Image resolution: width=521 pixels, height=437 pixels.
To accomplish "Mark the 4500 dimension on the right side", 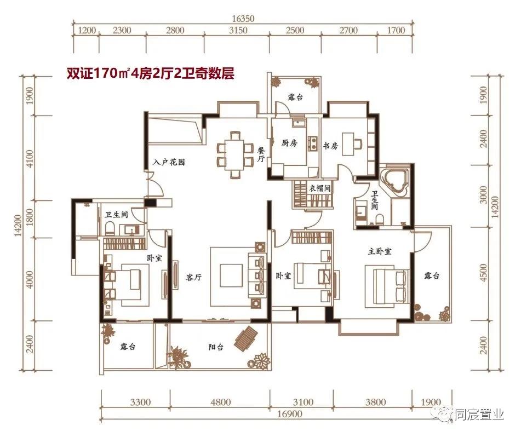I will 482,274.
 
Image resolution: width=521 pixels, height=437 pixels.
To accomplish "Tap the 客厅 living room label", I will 194,278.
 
